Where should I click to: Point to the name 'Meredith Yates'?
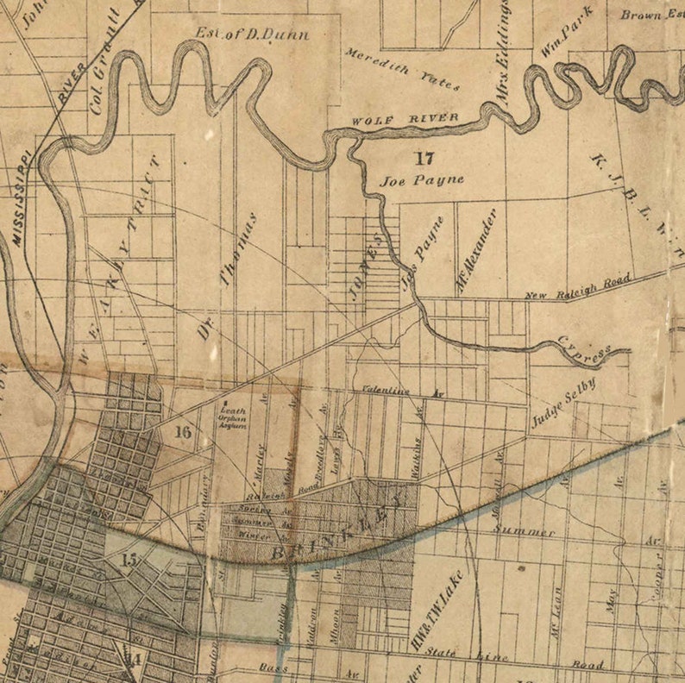403,68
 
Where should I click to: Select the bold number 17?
423,158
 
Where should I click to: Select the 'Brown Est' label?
651,15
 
